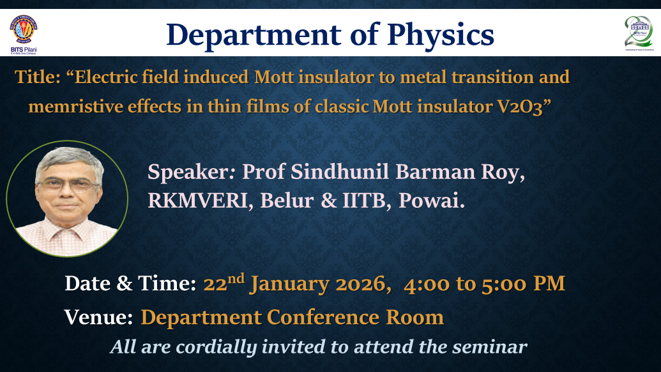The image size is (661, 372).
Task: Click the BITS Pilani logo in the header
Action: coord(24,35)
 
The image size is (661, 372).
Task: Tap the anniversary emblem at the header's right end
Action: coord(639,33)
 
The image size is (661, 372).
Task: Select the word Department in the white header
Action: coord(254,35)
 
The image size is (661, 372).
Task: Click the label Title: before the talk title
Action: coord(38,77)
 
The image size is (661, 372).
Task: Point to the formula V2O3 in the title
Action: coord(519,107)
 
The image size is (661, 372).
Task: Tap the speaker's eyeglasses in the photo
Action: coord(69,185)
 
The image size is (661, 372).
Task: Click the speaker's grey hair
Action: coord(69,159)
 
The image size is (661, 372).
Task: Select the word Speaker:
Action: coord(191,172)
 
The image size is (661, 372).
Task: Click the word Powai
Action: coord(431,200)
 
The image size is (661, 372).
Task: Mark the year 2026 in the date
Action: coord(361,283)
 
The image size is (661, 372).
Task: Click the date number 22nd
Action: coord(224,282)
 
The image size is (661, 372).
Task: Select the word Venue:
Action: coord(98,317)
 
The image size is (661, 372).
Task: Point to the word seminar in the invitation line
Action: coord(489,346)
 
